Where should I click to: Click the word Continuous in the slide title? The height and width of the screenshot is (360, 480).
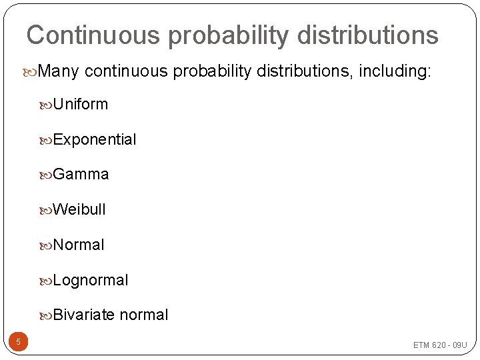93,35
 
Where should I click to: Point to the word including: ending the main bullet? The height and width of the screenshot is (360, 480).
395,71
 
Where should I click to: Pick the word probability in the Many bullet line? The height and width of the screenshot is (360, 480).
207,71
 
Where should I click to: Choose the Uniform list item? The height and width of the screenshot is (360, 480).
80,104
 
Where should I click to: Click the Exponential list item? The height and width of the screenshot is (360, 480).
94,139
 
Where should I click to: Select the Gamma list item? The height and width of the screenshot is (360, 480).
81,175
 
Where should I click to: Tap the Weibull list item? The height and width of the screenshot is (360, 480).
79,209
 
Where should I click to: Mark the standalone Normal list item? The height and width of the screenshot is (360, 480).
78,245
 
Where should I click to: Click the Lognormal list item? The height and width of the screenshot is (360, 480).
90,280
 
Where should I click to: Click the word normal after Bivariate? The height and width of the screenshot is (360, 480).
143,315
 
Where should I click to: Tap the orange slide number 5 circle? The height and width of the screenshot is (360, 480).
18,343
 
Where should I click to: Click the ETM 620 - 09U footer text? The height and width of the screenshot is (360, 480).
440,345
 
